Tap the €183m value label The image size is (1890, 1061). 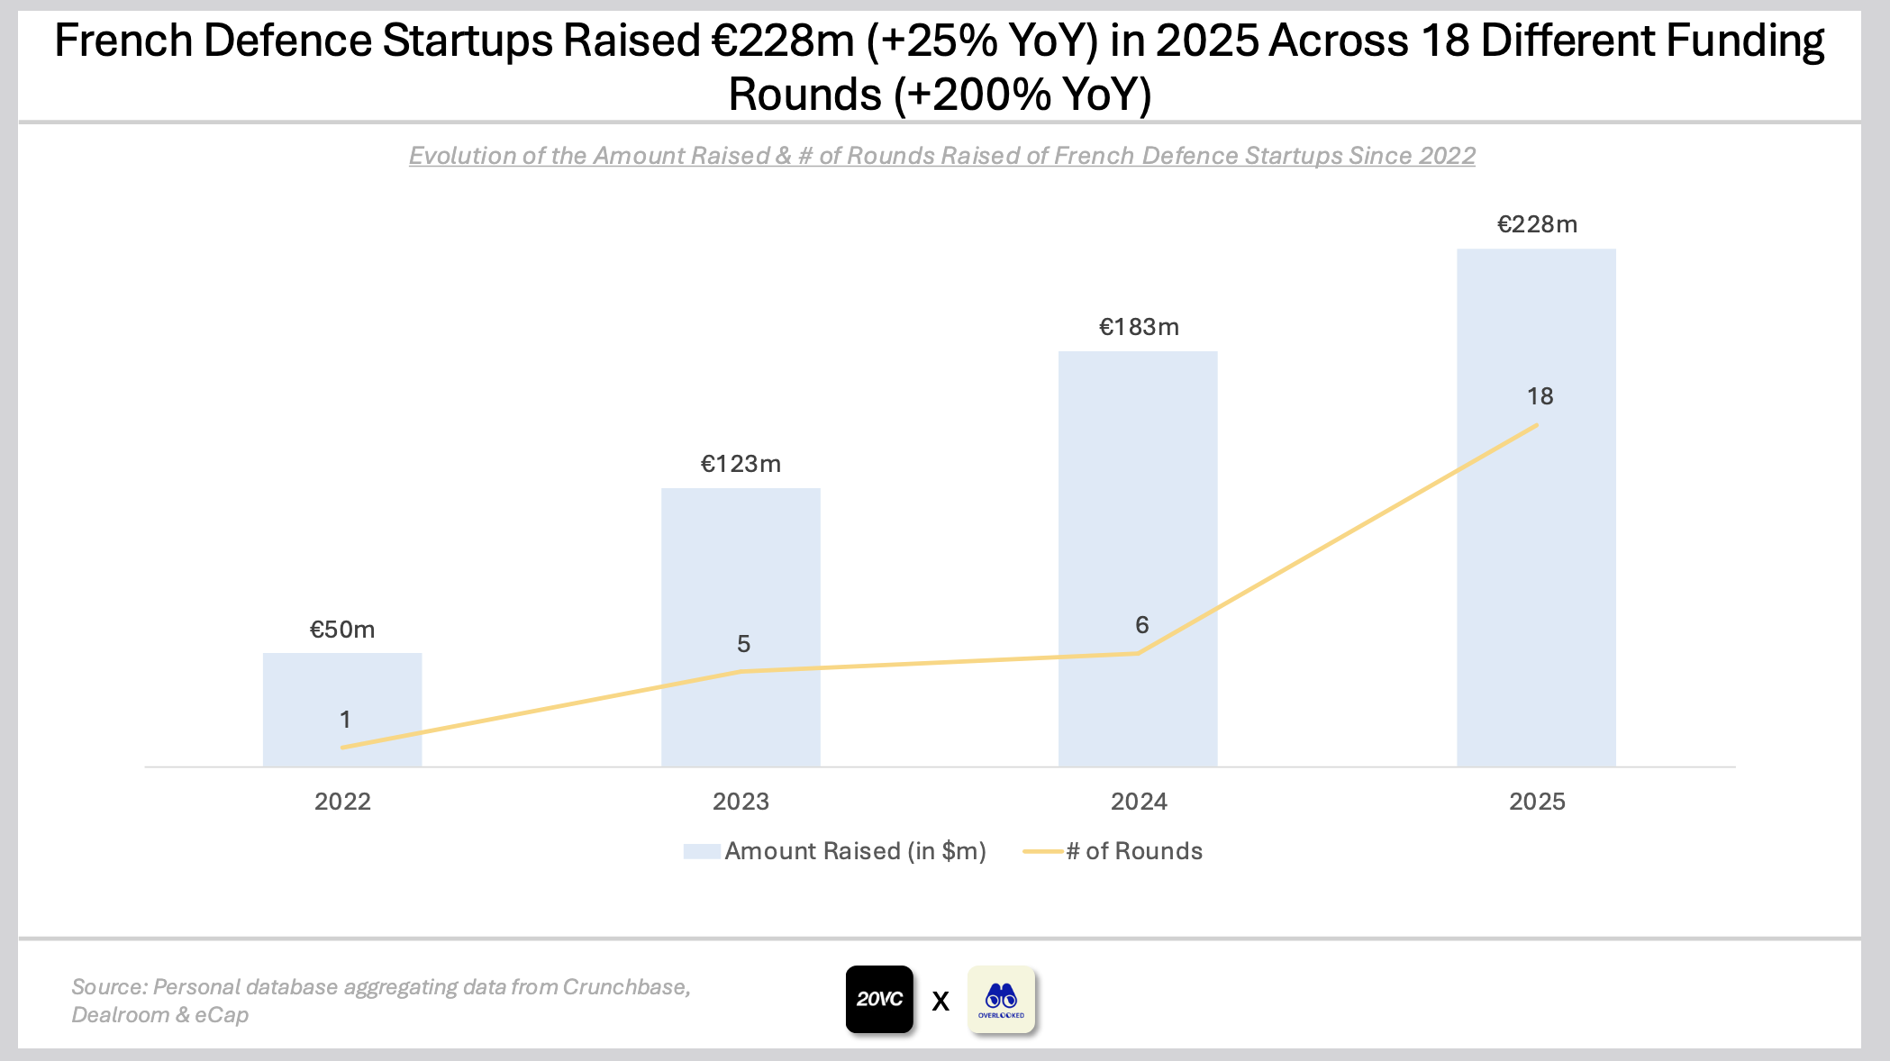(1139, 327)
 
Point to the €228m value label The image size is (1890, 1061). (1537, 224)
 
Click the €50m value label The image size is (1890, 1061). (342, 630)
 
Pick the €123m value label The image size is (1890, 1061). (741, 464)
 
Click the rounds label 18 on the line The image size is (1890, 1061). (1540, 396)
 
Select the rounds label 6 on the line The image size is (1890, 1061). (1141, 625)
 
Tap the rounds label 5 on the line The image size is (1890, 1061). (743, 644)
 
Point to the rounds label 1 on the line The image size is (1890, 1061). (345, 720)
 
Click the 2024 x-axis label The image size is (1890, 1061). (1139, 802)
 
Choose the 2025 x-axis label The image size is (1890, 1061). (1537, 802)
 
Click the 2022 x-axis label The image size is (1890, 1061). (342, 802)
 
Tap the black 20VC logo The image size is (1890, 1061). (879, 999)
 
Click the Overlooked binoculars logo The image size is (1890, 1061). (1001, 999)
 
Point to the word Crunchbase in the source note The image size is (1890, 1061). (625, 987)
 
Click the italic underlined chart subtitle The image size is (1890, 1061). (941, 156)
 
